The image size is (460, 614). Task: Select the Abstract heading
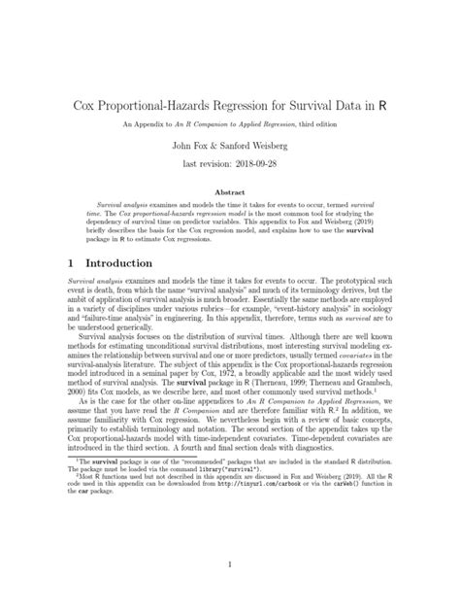pyautogui.click(x=229, y=192)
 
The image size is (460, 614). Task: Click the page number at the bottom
pyautogui.click(x=230, y=564)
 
